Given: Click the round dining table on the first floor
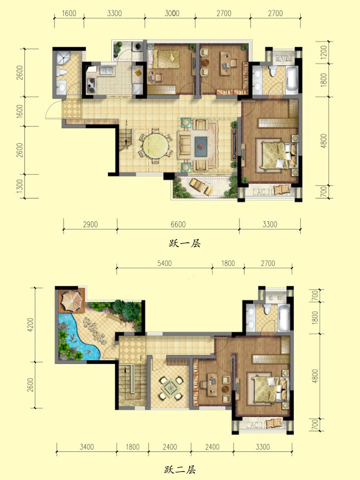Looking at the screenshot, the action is (156, 146).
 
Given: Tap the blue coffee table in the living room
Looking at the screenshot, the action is (201, 146).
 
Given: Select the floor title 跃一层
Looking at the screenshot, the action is (185, 243).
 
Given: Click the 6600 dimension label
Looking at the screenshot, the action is (178, 224).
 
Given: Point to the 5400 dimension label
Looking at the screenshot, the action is (164, 263).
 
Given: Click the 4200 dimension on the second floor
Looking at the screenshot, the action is (31, 325).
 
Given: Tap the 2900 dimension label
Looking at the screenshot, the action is (90, 224).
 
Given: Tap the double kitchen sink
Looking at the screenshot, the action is (106, 70).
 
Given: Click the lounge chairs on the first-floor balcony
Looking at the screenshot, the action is (201, 186).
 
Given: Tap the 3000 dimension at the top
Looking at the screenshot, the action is (172, 13).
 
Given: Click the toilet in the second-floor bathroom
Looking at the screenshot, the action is (267, 309).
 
